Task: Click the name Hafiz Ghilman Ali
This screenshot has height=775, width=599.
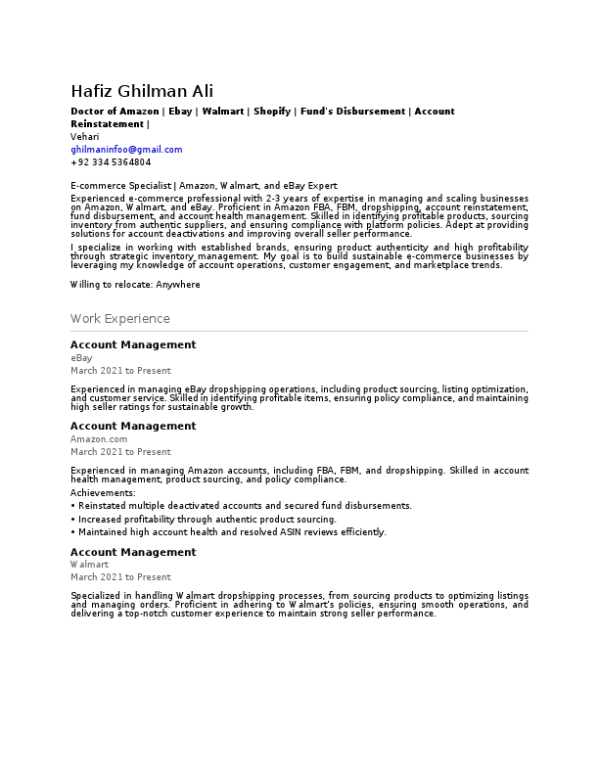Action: (x=142, y=91)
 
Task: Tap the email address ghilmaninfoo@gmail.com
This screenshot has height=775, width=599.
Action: (x=126, y=150)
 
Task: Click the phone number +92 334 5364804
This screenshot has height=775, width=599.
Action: (x=111, y=162)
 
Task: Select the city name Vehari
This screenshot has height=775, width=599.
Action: (x=84, y=137)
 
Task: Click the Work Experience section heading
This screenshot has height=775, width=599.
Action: (x=119, y=319)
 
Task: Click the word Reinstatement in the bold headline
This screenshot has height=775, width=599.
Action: (x=107, y=124)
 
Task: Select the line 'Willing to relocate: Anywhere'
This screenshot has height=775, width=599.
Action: (x=135, y=285)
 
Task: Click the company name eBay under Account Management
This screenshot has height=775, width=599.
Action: (x=81, y=358)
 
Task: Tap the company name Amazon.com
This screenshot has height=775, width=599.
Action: (x=99, y=439)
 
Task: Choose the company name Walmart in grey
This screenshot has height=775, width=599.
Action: (x=88, y=565)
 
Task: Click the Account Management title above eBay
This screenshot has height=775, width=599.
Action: (x=133, y=345)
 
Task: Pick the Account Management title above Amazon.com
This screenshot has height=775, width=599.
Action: (x=133, y=427)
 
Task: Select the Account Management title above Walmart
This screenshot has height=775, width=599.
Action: (x=133, y=553)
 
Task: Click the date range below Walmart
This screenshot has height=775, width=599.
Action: (x=120, y=577)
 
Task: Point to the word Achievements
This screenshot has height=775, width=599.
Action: (x=103, y=493)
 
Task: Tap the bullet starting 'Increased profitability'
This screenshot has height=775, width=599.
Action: (x=207, y=520)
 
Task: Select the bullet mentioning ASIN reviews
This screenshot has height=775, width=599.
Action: (x=232, y=532)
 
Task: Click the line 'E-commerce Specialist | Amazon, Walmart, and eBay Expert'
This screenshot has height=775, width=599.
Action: (x=204, y=185)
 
